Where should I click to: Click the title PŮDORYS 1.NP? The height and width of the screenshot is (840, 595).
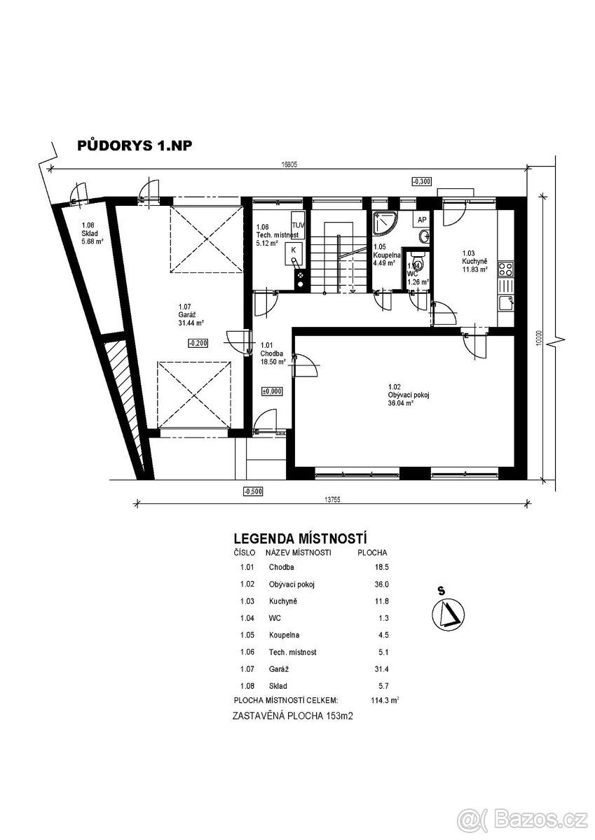click(135, 146)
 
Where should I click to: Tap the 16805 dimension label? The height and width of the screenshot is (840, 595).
click(289, 164)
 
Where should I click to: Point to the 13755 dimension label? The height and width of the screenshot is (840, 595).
click(332, 500)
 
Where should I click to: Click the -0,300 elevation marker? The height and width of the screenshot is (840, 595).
click(422, 182)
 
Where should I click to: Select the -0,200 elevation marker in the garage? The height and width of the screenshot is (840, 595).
click(198, 343)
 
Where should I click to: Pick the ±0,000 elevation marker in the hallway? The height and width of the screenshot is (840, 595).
click(272, 391)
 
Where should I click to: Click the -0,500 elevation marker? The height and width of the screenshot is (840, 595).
click(253, 491)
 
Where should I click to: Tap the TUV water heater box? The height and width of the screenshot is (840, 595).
click(299, 225)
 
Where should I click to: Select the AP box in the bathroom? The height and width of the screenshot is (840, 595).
click(422, 219)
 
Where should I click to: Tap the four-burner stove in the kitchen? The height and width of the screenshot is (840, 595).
click(505, 269)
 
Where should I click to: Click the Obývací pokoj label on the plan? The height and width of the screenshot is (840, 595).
click(409, 395)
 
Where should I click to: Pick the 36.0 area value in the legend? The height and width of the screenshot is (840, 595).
click(382, 584)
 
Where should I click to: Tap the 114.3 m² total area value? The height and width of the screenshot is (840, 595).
click(385, 700)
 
